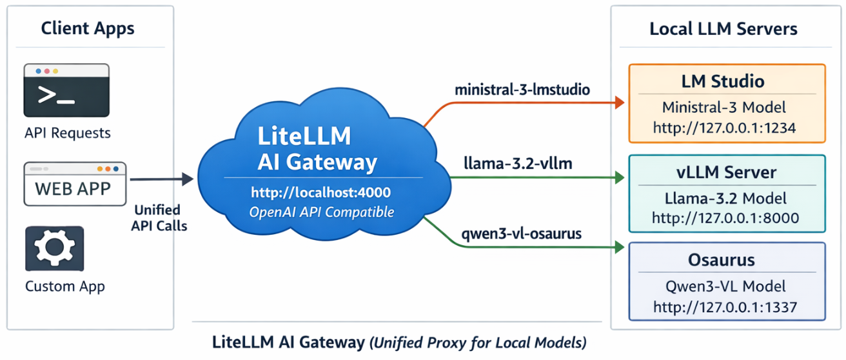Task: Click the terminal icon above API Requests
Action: (66, 90)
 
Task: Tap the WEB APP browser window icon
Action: (75, 185)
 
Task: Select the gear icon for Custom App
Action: (54, 248)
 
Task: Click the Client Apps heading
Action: (88, 28)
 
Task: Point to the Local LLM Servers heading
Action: (723, 29)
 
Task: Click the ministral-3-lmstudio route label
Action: (522, 90)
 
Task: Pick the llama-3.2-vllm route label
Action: (518, 164)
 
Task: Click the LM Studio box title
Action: (723, 81)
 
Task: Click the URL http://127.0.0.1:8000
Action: (725, 218)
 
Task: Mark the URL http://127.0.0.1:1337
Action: (725, 306)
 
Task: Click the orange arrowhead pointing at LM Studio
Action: (620, 102)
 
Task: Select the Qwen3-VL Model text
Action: (725, 286)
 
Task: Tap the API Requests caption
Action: (68, 134)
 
